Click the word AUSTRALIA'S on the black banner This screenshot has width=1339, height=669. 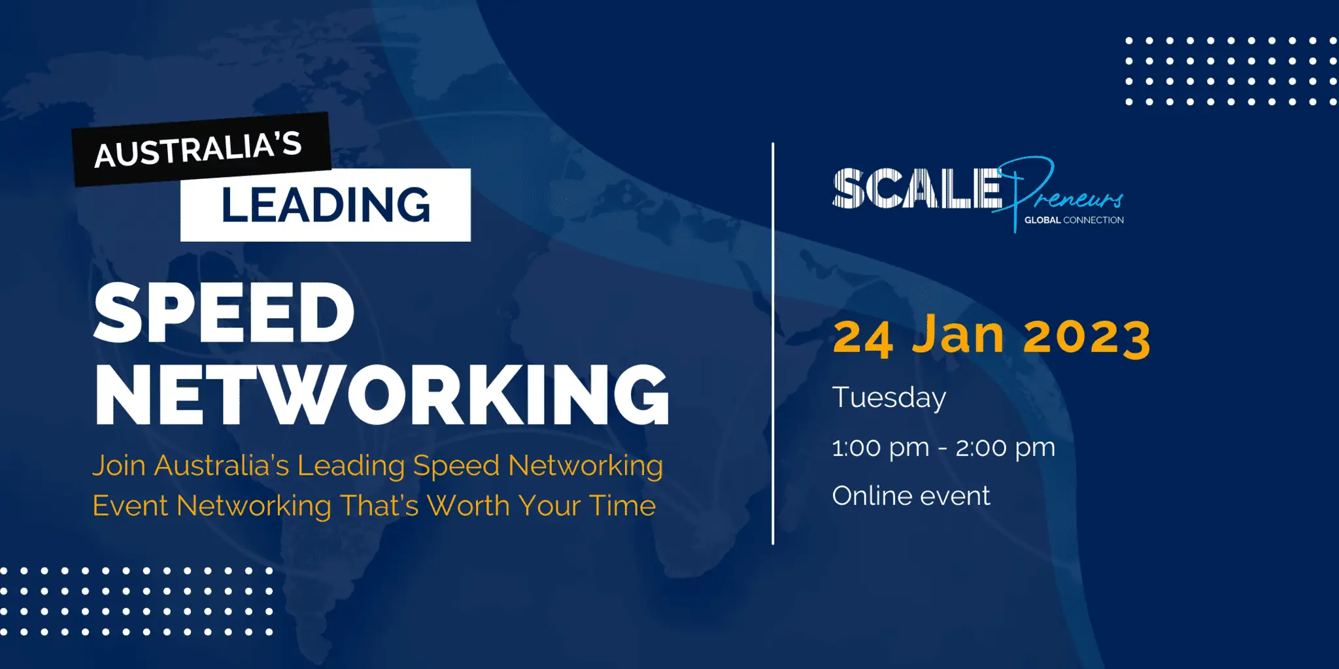198,150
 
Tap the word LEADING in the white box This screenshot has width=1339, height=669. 326,204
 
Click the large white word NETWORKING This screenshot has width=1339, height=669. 382,395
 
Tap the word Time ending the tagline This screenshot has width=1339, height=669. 622,506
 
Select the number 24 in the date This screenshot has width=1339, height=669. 863,338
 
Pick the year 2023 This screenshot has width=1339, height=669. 1087,338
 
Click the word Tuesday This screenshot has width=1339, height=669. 889,398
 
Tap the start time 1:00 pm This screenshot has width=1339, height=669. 881,448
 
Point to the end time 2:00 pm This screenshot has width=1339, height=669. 1006,448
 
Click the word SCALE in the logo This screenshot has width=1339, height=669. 917,189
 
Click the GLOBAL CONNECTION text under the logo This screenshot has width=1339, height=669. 1074,220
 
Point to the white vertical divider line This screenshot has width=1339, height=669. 773,344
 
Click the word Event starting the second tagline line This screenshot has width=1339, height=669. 130,506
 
